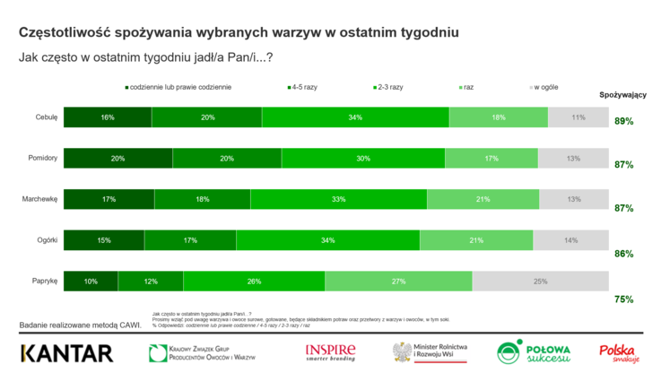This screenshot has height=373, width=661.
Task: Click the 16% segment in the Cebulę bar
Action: point(108,117)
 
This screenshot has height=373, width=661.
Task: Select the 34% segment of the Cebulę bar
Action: point(355,117)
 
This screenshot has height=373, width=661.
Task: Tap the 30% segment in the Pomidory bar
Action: point(362,159)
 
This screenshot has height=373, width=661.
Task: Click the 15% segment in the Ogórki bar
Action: point(104,240)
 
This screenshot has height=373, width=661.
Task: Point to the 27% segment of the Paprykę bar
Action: point(399,282)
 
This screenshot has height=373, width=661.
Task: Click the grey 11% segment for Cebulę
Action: point(578,117)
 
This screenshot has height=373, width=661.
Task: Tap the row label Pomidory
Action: point(43,159)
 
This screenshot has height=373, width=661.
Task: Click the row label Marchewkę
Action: point(40,199)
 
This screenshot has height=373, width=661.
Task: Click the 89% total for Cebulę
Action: point(623,121)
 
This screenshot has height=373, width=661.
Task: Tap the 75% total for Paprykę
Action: point(623,299)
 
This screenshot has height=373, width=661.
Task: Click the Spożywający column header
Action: point(622,95)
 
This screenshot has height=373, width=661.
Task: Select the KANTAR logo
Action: point(66,352)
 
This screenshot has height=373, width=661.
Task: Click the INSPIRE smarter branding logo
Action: point(330,351)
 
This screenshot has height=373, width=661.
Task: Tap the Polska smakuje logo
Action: point(618,351)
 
